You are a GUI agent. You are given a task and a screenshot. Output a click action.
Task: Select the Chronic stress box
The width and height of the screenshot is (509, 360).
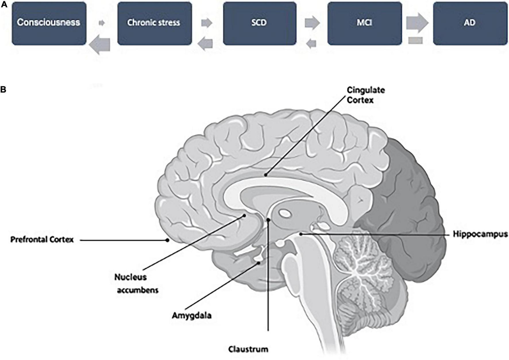click(x=154, y=23)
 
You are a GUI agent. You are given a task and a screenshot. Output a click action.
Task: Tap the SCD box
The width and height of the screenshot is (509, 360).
click(x=259, y=23)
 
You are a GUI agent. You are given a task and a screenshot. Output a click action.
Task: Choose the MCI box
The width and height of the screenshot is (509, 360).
click(x=364, y=23)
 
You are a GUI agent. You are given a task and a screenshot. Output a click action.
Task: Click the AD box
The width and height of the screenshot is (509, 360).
click(x=470, y=23)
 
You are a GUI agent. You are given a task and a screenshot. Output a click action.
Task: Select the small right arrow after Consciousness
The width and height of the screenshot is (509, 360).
click(x=102, y=23)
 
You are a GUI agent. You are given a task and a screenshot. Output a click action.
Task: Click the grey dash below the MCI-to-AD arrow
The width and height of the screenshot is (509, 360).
click(x=415, y=41)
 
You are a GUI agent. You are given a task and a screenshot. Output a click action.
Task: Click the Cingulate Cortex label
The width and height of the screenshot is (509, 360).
click(x=365, y=95)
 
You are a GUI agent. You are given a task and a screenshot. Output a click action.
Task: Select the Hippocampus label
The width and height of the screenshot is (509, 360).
click(x=480, y=234)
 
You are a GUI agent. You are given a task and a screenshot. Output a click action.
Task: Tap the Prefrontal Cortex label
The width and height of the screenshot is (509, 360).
click(x=42, y=240)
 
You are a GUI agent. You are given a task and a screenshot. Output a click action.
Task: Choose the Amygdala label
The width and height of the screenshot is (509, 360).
click(x=192, y=315)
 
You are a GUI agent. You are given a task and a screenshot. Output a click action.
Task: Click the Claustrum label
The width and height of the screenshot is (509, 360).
click(x=248, y=349)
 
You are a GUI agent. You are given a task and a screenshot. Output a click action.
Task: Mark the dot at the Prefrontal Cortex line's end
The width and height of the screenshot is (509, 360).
click(x=167, y=240)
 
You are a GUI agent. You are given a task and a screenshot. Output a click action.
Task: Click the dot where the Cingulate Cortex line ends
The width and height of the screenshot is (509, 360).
click(x=266, y=174)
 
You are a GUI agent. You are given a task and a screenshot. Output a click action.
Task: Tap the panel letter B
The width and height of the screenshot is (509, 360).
click(x=3, y=89)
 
